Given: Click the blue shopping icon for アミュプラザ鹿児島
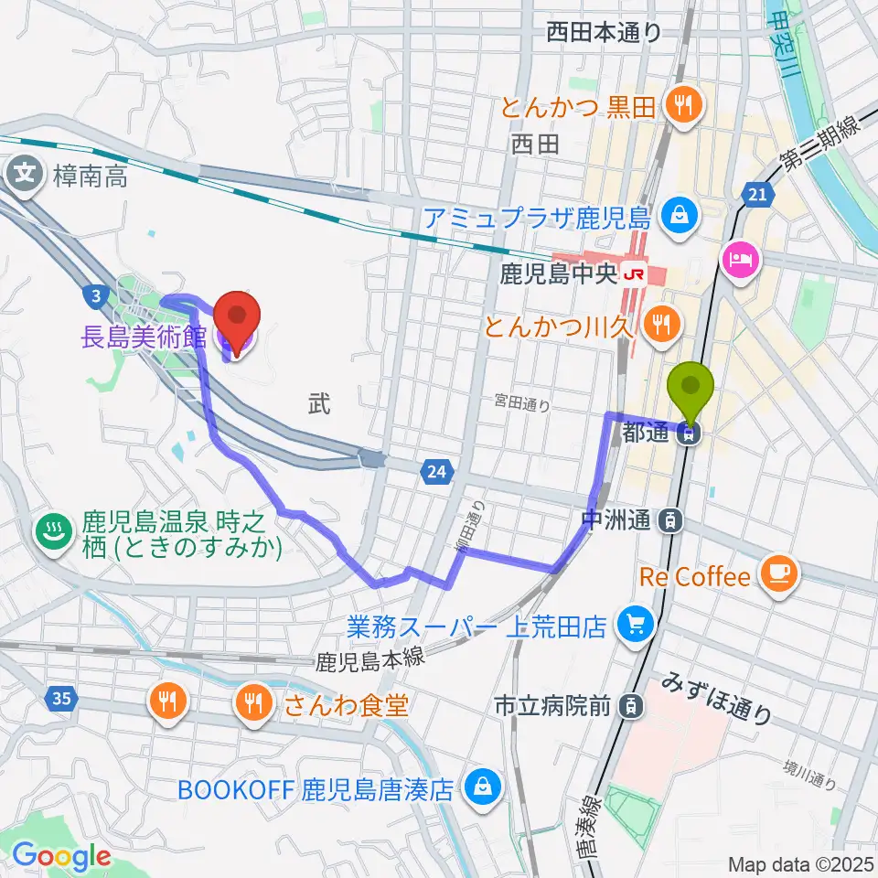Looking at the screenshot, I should tap(681, 217).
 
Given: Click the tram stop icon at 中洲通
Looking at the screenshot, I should tap(672, 521).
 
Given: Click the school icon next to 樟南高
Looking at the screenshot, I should tap(27, 171).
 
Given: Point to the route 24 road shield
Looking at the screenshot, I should tap(436, 472).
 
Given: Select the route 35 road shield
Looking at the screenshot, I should tap(59, 700).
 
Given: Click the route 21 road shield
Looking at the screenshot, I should tap(755, 194).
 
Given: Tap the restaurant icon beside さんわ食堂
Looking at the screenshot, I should tap(252, 702).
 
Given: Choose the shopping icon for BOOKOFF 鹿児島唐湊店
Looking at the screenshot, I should tap(479, 786).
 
